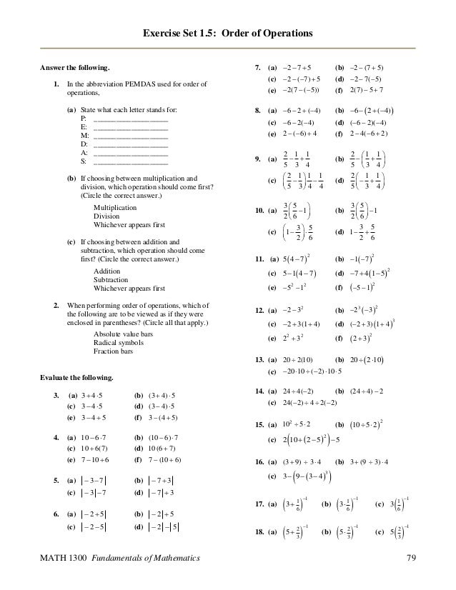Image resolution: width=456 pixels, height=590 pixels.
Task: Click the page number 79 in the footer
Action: [x=410, y=557]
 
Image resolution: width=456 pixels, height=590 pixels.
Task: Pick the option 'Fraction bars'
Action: [x=114, y=350]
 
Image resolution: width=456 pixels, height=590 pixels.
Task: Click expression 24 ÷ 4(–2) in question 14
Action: [x=293, y=392]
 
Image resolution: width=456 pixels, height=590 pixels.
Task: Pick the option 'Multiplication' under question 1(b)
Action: [x=116, y=206]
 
